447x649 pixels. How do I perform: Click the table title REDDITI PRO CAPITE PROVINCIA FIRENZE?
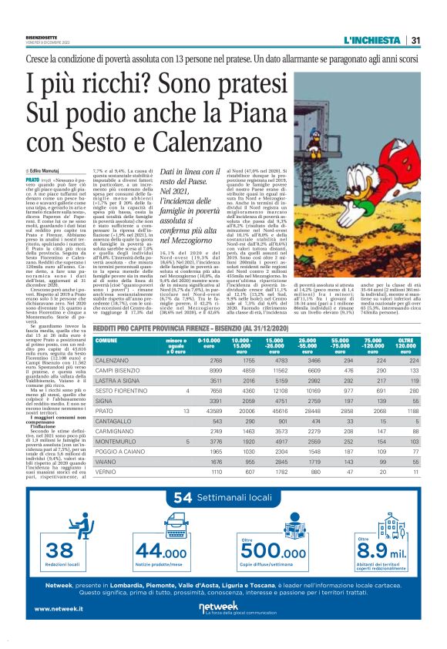point(177,328)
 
